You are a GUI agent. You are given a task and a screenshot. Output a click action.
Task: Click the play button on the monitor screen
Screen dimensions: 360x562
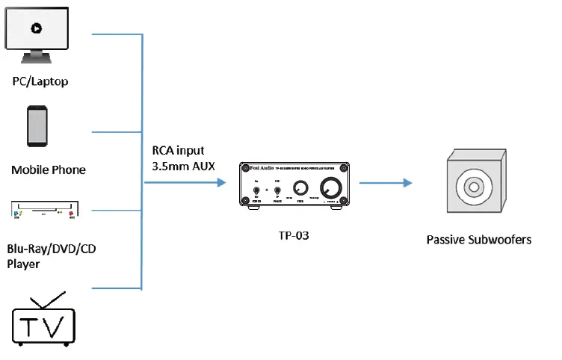[35, 28]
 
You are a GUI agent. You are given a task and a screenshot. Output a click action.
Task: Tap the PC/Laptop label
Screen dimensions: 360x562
[40, 81]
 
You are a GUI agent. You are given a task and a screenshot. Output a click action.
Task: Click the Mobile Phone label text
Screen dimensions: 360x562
[49, 170]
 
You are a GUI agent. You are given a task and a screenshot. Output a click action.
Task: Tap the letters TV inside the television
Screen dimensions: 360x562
[46, 326]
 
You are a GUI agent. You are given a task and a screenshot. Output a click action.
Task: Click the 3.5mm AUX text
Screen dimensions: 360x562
[183, 165]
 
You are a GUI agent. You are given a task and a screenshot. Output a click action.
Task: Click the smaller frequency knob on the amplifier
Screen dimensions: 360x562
[299, 189]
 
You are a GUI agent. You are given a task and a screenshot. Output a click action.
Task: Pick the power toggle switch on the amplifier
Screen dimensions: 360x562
[256, 190]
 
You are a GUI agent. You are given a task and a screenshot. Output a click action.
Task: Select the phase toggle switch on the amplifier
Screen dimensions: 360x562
[277, 190]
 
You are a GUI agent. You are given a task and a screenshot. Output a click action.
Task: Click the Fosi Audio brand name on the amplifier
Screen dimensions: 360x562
[258, 168]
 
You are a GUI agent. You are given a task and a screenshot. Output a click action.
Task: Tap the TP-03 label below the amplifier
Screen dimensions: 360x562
[293, 235]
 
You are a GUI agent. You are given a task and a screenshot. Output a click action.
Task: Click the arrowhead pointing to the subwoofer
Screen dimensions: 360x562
[407, 183]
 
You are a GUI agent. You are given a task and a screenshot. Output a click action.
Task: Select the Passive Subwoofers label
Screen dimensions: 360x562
[478, 240]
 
